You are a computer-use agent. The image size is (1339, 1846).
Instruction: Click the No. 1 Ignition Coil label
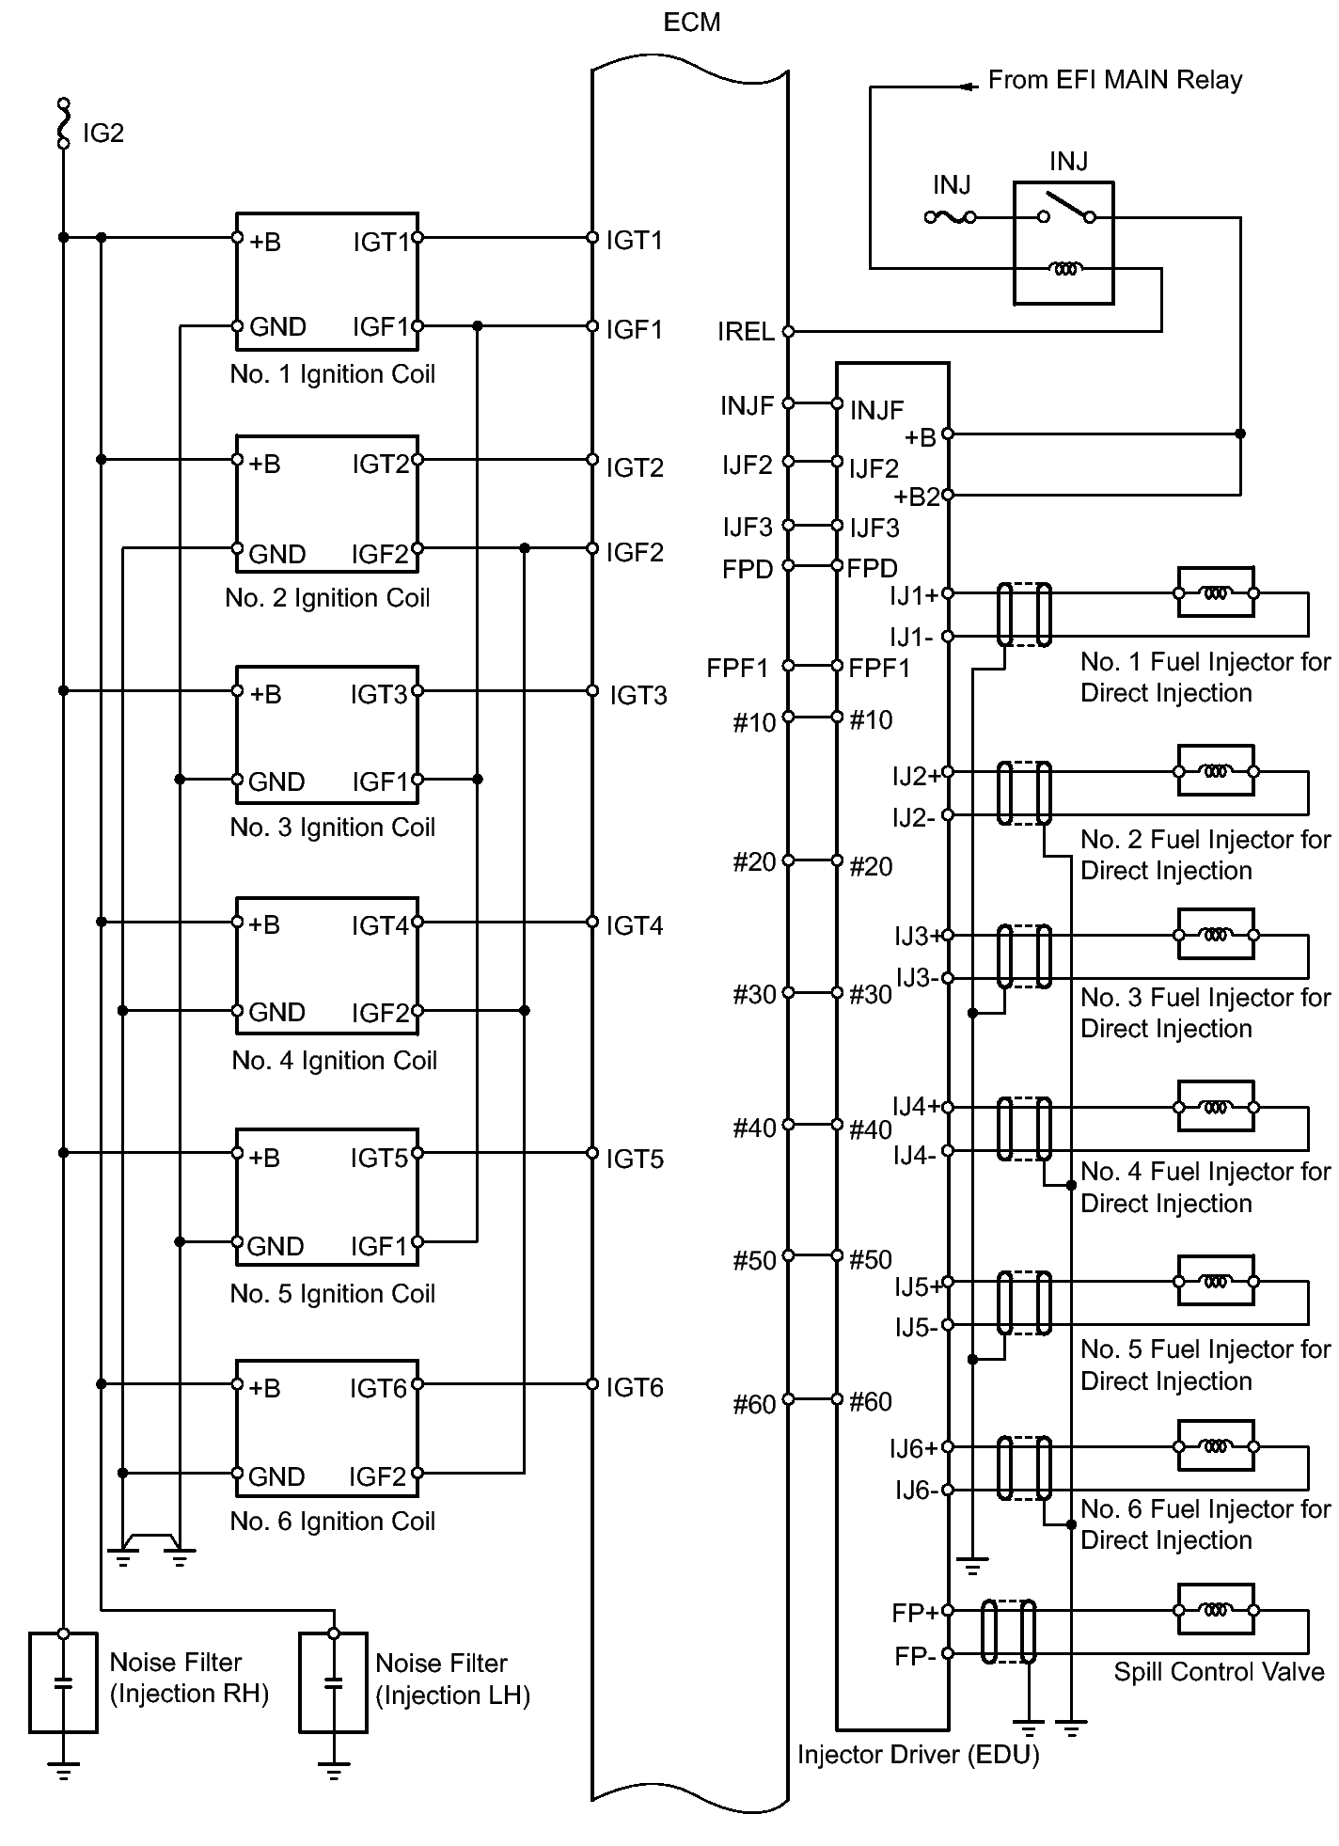(x=333, y=374)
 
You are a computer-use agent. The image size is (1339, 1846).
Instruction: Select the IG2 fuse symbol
(x=64, y=123)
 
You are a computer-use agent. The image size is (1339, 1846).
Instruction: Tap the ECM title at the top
(x=692, y=23)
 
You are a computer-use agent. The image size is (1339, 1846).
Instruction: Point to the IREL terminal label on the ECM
(x=746, y=332)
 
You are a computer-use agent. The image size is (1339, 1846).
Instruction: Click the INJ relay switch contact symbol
(x=1066, y=209)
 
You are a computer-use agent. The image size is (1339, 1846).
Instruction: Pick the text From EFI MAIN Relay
(x=1115, y=80)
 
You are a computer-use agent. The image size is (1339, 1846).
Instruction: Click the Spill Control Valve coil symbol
(x=1215, y=1610)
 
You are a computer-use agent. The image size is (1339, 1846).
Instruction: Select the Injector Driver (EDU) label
(x=919, y=1755)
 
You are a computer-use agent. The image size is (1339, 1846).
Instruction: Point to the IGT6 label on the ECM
(x=635, y=1387)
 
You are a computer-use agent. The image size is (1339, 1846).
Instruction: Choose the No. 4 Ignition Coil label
(x=335, y=1061)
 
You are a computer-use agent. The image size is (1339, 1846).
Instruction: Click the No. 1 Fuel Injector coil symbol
(x=1215, y=593)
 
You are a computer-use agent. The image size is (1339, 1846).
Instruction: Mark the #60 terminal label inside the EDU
(x=871, y=1402)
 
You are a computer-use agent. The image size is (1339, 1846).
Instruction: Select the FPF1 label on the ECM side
(x=738, y=669)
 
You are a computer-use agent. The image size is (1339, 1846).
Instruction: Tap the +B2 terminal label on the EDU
(x=917, y=497)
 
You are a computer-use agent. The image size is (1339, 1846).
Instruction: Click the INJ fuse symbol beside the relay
(x=950, y=217)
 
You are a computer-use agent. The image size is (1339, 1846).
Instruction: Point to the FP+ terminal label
(x=915, y=1614)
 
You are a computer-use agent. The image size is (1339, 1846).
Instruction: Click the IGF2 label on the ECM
(x=635, y=552)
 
